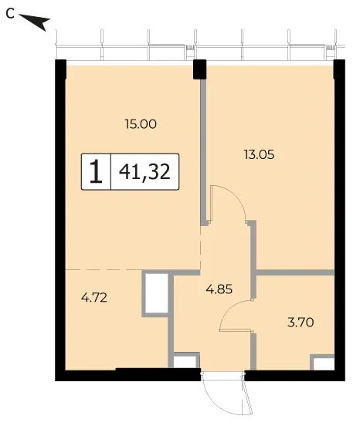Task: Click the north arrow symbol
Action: click(35, 22)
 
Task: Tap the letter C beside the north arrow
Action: click(10, 14)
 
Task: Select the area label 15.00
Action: click(141, 124)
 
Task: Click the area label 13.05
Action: click(259, 155)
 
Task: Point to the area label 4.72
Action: click(94, 298)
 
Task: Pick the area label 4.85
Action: click(219, 289)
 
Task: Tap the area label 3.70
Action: click(301, 323)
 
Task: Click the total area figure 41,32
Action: click(144, 172)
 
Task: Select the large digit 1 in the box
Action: click(96, 171)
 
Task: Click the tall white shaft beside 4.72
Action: click(156, 293)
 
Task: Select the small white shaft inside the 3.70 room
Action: click(324, 363)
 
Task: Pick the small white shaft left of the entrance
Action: click(185, 362)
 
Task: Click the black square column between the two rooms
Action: click(199, 69)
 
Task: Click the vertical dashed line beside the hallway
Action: click(201, 248)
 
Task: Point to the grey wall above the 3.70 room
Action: click(295, 272)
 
